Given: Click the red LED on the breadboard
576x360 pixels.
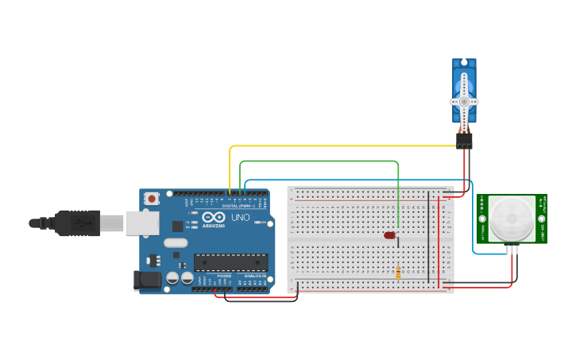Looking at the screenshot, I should click(x=389, y=235).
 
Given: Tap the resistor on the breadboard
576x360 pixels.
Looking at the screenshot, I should click(x=398, y=273).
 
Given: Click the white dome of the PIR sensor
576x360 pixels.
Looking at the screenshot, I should click(x=511, y=219).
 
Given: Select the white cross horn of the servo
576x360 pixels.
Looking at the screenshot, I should click(x=464, y=102).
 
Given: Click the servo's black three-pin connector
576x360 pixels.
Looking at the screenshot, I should click(x=464, y=140).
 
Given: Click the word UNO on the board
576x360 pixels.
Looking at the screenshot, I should click(x=240, y=217).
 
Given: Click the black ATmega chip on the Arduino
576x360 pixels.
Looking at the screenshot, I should click(x=230, y=262).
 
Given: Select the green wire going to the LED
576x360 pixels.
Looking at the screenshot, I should click(x=318, y=161).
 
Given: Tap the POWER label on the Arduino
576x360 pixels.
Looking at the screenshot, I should click(x=223, y=276).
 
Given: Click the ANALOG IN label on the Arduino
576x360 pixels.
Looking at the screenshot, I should click(x=255, y=276).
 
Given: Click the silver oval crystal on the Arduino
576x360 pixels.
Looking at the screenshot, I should click(x=176, y=243).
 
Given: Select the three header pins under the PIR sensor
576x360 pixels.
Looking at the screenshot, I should click(x=511, y=249).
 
